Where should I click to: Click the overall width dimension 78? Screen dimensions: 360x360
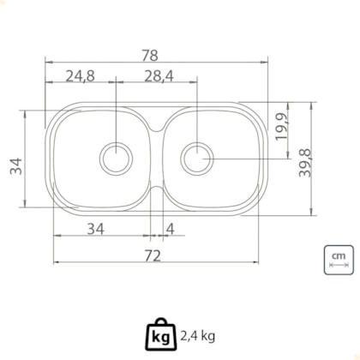click(150, 56)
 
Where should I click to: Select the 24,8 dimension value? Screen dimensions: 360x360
click(80, 76)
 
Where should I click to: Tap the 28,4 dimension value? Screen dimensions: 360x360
click(159, 76)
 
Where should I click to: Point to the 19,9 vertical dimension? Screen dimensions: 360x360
click(281, 127)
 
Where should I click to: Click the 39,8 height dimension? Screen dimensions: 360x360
click(304, 163)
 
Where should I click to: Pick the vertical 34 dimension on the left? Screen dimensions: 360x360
click(16, 166)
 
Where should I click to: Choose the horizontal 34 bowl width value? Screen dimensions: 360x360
click(96, 229)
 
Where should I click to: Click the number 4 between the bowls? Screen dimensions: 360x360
click(170, 229)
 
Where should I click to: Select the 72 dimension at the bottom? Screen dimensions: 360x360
click(153, 256)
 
